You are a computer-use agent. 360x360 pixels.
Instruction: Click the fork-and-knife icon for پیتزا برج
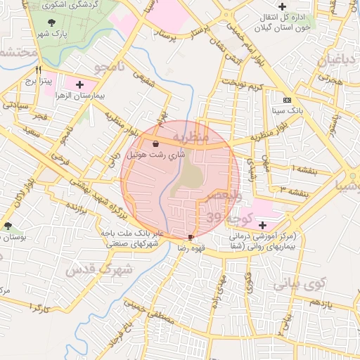(39, 70)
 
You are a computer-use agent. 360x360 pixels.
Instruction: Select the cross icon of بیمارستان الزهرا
(79, 84)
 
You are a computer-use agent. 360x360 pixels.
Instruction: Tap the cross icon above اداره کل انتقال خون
(282, 6)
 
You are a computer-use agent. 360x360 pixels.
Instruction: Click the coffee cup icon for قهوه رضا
(191, 238)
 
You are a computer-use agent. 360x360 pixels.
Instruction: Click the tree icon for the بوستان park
(8, 226)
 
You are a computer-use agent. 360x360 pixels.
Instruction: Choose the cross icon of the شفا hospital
(262, 225)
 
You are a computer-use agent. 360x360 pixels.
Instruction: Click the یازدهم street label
(320, 302)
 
